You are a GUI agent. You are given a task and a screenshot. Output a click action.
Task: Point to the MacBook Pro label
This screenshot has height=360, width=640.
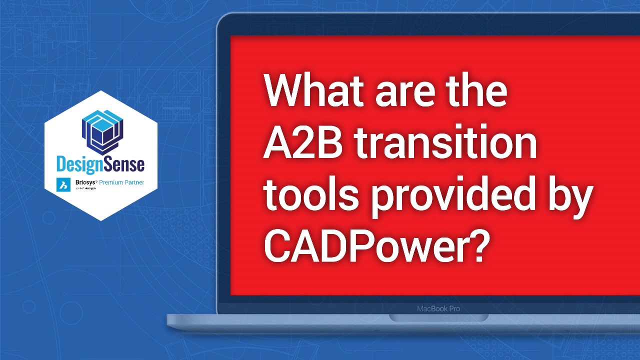(x=438, y=308)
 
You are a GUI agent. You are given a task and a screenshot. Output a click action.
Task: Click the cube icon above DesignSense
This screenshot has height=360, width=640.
(x=101, y=131)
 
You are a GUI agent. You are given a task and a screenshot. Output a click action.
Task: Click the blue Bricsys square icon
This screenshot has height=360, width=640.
(x=63, y=184)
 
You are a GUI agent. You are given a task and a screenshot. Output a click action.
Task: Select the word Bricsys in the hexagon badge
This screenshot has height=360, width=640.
(x=83, y=183)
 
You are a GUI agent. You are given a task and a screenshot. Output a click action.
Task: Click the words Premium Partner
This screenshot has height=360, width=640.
(x=121, y=183)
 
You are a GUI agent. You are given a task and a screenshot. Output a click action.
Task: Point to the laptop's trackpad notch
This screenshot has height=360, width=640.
(x=438, y=318)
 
